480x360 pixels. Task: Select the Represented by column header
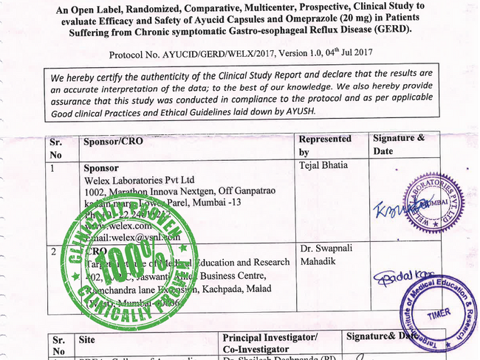click(x=325, y=145)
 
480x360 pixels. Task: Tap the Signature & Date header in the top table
click(x=399, y=145)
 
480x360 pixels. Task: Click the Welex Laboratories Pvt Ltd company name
click(x=139, y=179)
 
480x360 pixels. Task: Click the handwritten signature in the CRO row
click(x=402, y=278)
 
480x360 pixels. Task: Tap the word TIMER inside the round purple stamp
click(x=438, y=313)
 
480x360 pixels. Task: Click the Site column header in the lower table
click(x=87, y=342)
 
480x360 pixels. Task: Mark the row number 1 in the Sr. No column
click(x=53, y=168)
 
